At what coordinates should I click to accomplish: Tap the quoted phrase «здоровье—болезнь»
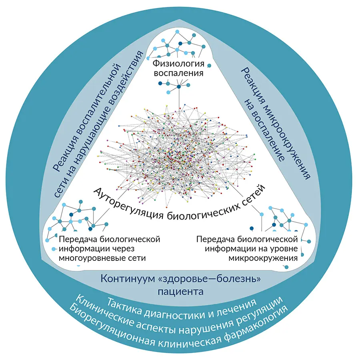tap(208, 278)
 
